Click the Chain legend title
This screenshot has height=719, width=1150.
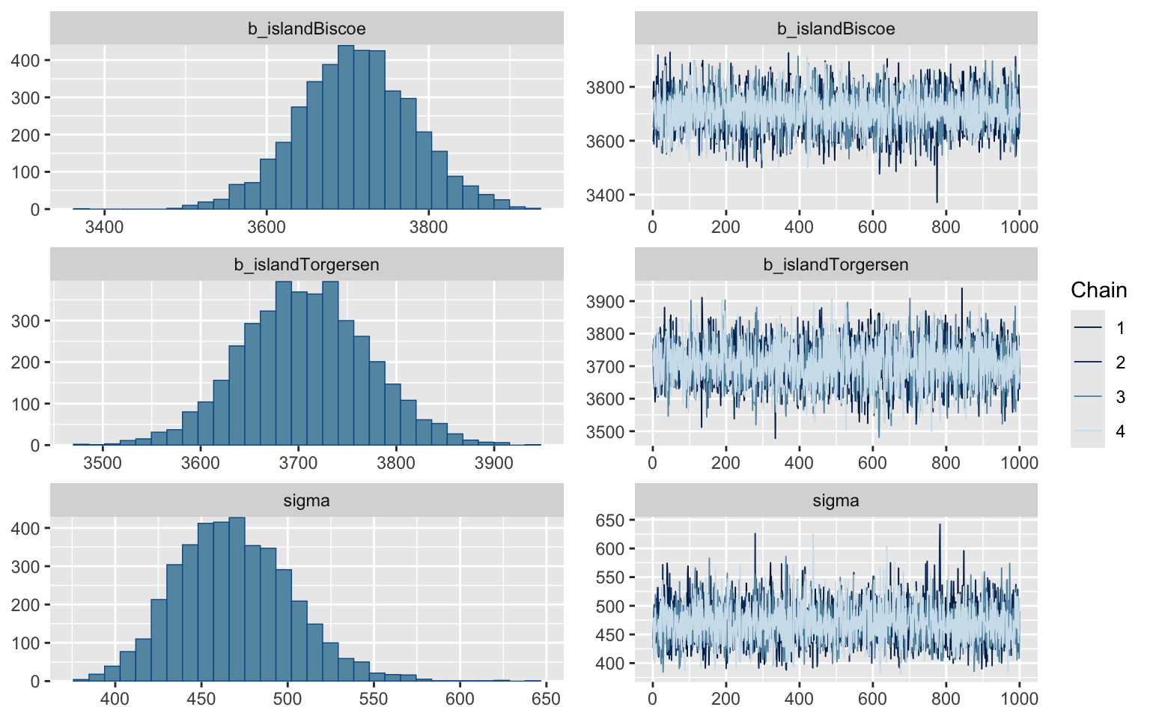pyautogui.click(x=1098, y=291)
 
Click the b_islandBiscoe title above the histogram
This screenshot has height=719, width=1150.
pyautogui.click(x=307, y=29)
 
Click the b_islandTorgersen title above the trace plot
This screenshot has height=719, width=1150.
pyautogui.click(x=836, y=265)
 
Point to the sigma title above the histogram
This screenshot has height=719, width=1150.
pyautogui.click(x=307, y=501)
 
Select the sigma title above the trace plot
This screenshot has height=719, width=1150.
pyautogui.click(x=836, y=501)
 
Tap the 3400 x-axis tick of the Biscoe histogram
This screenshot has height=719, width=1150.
pyautogui.click(x=104, y=227)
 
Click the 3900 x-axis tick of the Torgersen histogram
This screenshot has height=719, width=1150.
pyautogui.click(x=494, y=463)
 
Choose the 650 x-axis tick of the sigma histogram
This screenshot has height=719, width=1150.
pyautogui.click(x=546, y=699)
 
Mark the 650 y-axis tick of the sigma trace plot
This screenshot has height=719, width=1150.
pyautogui.click(x=609, y=521)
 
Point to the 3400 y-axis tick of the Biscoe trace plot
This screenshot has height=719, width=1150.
pyautogui.click(x=604, y=195)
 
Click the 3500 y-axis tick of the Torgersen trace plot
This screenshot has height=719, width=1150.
pyautogui.click(x=604, y=432)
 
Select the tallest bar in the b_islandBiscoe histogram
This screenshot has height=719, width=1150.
pyautogui.click(x=345, y=127)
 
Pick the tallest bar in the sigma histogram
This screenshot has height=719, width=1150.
pyautogui.click(x=237, y=599)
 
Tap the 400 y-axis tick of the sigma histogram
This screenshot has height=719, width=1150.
pyautogui.click(x=29, y=529)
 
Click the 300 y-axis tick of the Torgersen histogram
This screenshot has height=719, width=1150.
pyautogui.click(x=29, y=321)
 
